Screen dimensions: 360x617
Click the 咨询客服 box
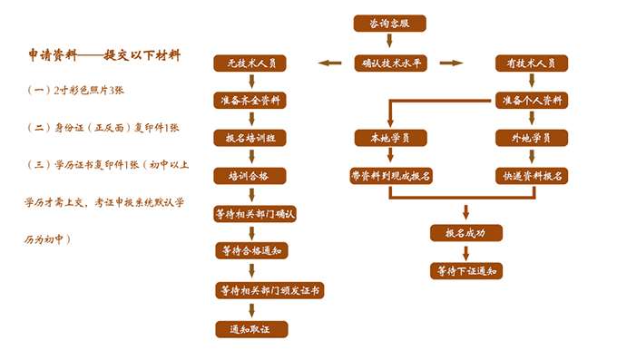(389, 24)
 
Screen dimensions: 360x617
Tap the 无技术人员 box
(250, 63)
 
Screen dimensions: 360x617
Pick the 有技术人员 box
(531, 63)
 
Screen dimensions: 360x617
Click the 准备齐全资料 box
(250, 100)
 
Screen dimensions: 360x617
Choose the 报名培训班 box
(250, 138)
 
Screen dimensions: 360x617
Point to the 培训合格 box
(250, 175)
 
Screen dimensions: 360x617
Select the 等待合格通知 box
(250, 250)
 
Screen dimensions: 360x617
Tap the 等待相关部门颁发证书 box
(269, 290)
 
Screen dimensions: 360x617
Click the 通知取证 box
(250, 328)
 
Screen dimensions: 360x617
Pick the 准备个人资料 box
(531, 100)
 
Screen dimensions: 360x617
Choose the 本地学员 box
(389, 138)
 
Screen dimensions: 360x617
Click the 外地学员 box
(531, 138)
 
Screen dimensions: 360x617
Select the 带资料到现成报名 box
(390, 175)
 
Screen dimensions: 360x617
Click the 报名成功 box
(465, 233)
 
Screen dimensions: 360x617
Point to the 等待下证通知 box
(465, 270)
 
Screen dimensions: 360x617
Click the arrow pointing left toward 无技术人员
(328, 63)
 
